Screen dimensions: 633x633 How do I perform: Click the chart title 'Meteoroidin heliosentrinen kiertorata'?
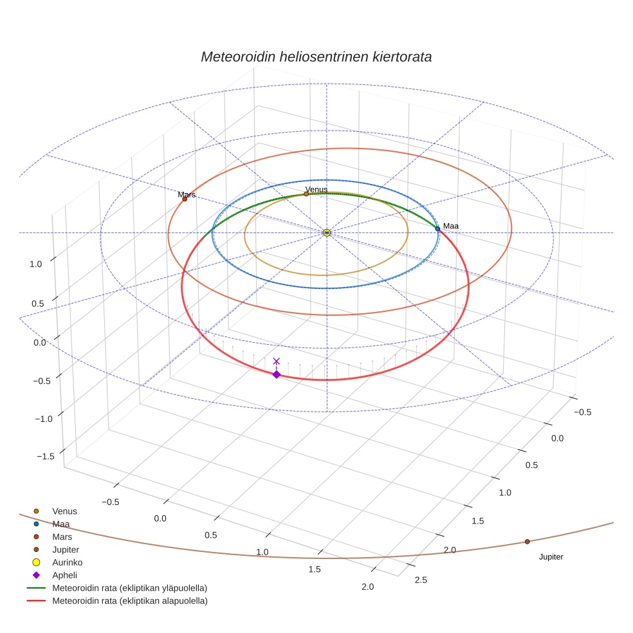point(316,57)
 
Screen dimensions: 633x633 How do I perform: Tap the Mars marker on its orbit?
point(185,199)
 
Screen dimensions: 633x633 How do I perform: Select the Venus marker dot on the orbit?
point(306,194)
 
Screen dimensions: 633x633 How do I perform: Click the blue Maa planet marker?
point(437,228)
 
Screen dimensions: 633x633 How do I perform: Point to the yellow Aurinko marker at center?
point(327,232)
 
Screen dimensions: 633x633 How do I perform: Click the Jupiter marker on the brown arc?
point(527,542)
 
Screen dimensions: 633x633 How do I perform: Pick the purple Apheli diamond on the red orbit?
point(277,374)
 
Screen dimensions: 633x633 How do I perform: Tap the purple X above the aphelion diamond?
point(277,362)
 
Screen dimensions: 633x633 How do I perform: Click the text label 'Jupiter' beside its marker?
point(551,557)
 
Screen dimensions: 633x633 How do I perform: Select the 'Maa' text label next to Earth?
point(450,226)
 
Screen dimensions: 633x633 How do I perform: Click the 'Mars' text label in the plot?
point(187,194)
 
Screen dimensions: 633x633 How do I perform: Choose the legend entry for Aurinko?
point(67,562)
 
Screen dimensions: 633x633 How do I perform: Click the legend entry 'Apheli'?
point(64,575)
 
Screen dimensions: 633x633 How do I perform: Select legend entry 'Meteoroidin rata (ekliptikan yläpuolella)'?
point(129,588)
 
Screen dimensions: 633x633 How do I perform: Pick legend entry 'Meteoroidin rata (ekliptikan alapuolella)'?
point(129,601)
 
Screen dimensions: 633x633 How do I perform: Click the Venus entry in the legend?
point(64,511)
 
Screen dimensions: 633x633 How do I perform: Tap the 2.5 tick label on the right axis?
point(421,581)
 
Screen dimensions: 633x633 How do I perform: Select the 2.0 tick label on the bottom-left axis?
point(368,586)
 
